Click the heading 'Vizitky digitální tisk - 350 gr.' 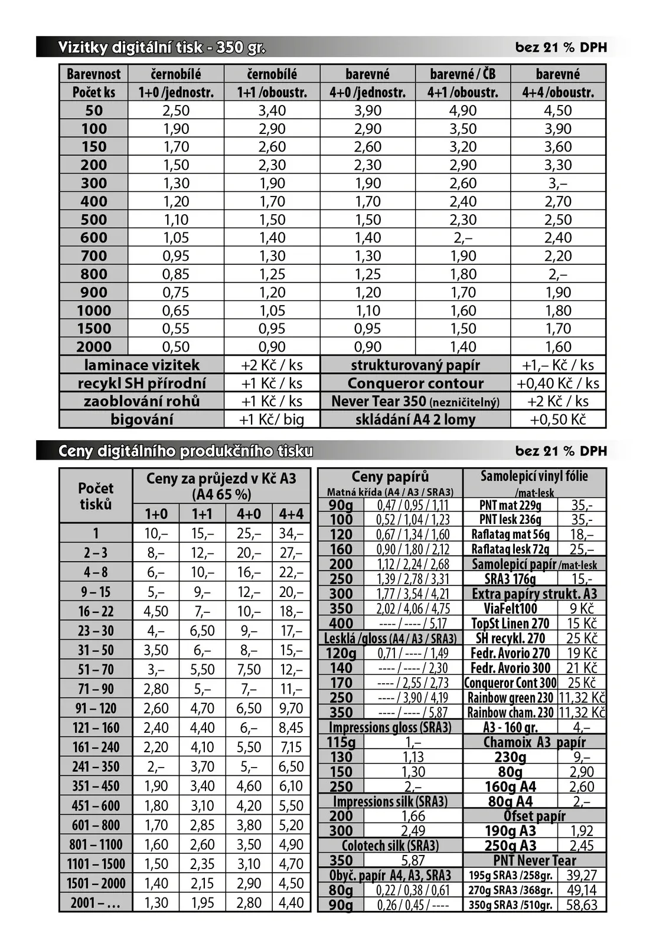point(161,47)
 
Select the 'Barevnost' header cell point(93,74)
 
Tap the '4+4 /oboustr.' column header point(558,92)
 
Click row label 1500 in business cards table point(94,329)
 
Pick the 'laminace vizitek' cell point(142,365)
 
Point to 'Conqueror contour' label point(415,383)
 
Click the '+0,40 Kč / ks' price point(558,383)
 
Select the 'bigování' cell point(142,419)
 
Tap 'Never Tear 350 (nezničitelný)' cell point(415,401)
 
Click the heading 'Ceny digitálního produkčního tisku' point(185,451)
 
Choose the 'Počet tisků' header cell point(96,496)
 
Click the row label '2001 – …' point(96,903)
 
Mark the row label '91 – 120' point(96,708)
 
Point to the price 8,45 point(291,727)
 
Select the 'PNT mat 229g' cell point(510,505)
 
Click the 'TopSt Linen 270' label point(510,624)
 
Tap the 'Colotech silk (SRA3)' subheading point(390,845)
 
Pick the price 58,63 point(582,905)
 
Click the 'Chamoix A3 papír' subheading point(534,742)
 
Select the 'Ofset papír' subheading point(534,816)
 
